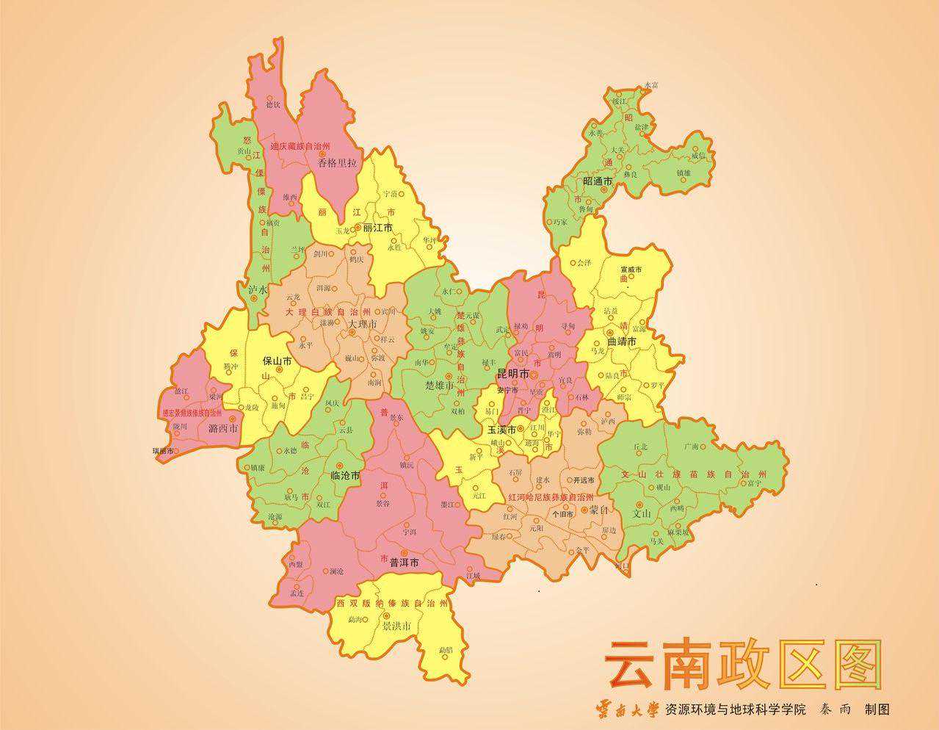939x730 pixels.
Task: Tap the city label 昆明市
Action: pyautogui.click(x=513, y=374)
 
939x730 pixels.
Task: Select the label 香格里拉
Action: pyautogui.click(x=337, y=163)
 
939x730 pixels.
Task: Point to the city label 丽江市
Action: pyautogui.click(x=378, y=228)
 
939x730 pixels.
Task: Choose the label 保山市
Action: pyautogui.click(x=278, y=361)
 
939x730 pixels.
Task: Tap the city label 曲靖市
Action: pyautogui.click(x=622, y=341)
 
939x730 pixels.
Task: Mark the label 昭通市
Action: pyautogui.click(x=598, y=181)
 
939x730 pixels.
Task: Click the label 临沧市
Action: pyautogui.click(x=345, y=476)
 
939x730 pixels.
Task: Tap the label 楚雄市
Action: pyautogui.click(x=441, y=385)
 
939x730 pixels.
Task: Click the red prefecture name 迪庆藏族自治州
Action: pyautogui.click(x=300, y=147)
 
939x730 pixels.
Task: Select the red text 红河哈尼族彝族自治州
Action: pyautogui.click(x=551, y=497)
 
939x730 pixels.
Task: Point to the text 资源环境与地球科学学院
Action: pyautogui.click(x=735, y=710)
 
